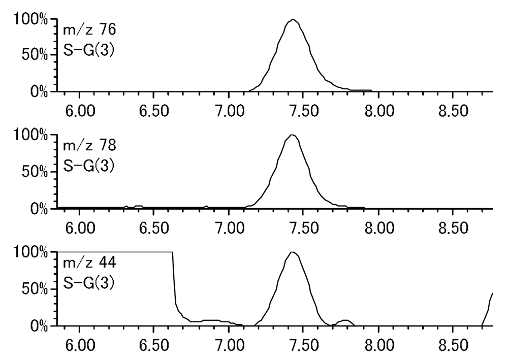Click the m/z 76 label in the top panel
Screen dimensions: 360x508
tap(89, 30)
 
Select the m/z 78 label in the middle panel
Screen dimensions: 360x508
tap(89, 146)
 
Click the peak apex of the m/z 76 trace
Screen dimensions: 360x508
tap(293, 20)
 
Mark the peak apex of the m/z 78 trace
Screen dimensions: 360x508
tap(292, 135)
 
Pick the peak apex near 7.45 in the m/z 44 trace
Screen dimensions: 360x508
tap(292, 252)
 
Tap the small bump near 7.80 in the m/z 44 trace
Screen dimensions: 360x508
tap(345, 321)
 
